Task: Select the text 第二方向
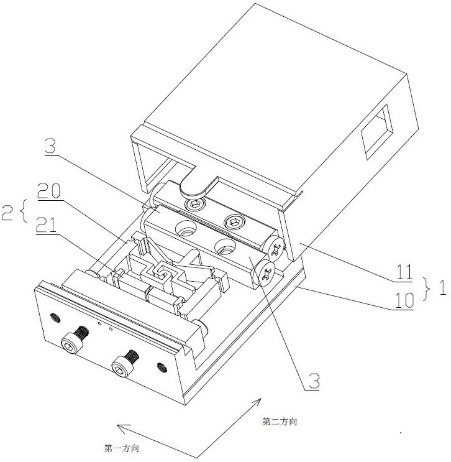coord(280,422)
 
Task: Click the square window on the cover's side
coord(377,129)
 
